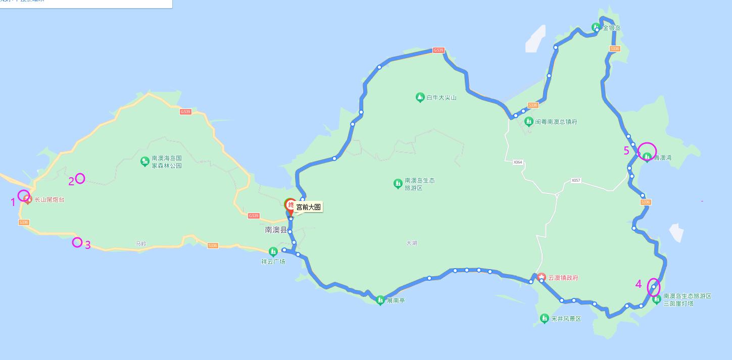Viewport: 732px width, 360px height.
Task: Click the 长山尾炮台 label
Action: coord(49,200)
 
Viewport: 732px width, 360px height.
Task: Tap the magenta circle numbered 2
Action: coord(80,178)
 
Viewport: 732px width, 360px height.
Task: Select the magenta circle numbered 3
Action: coord(77,242)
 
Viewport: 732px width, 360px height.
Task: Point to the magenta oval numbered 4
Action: coord(653,287)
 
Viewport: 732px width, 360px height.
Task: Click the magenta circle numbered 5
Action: coord(647,151)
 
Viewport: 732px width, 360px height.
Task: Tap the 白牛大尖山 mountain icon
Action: coord(419,97)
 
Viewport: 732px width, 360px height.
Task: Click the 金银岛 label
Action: coord(611,28)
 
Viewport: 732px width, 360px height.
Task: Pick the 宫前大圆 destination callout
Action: coord(308,207)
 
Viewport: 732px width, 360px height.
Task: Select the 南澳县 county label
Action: coord(275,230)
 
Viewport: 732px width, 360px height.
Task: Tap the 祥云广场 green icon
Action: coord(273,251)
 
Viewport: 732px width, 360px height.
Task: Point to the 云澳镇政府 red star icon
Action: coord(542,277)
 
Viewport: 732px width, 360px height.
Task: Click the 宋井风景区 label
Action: coord(566,319)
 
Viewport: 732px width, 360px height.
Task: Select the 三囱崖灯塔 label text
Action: coord(678,303)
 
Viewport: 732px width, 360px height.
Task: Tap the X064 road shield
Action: coord(517,162)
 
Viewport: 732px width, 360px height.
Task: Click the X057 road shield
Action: coord(576,180)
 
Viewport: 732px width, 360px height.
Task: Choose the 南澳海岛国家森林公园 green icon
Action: coord(144,162)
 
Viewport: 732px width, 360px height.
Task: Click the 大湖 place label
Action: coord(412,243)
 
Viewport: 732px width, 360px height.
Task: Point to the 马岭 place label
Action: coord(141,243)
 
